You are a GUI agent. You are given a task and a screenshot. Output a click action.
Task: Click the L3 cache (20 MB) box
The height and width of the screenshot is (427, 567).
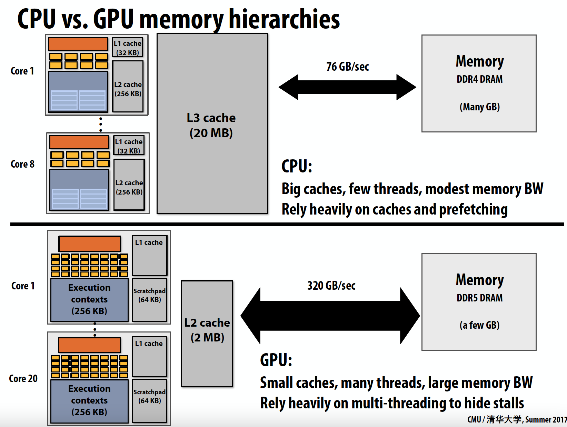coord(212,124)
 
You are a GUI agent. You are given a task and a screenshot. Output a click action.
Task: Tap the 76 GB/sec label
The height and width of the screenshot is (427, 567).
coord(348,67)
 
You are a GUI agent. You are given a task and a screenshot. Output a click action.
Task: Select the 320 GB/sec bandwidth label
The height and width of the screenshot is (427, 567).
coord(331,286)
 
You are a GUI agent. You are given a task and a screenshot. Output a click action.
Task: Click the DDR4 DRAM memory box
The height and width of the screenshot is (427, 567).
coord(479,83)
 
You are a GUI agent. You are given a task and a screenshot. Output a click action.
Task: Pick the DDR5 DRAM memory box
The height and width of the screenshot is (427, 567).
coord(479,302)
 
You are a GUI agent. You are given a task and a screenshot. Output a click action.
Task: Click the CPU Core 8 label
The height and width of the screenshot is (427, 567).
coord(22,164)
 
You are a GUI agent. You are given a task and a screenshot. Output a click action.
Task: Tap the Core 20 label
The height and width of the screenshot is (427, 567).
coord(23,378)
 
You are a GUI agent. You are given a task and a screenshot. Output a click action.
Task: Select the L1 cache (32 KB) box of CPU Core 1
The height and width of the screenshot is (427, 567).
coord(128,47)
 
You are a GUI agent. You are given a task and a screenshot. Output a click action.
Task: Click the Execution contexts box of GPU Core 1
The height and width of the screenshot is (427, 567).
coord(89,299)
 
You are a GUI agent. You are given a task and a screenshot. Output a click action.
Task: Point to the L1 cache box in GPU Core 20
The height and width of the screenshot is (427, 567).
coord(149,356)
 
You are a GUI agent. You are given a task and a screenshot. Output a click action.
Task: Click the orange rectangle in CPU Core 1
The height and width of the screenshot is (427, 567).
coord(78,44)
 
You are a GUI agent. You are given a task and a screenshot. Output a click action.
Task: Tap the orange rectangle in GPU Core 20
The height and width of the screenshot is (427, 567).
coord(89,345)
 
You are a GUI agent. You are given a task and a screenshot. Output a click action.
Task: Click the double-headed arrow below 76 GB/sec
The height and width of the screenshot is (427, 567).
coord(347,87)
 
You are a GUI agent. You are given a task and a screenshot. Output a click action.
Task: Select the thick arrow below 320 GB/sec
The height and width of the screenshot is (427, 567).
coord(330,316)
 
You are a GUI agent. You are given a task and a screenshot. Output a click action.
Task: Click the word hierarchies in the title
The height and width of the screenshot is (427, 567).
coord(284,19)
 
